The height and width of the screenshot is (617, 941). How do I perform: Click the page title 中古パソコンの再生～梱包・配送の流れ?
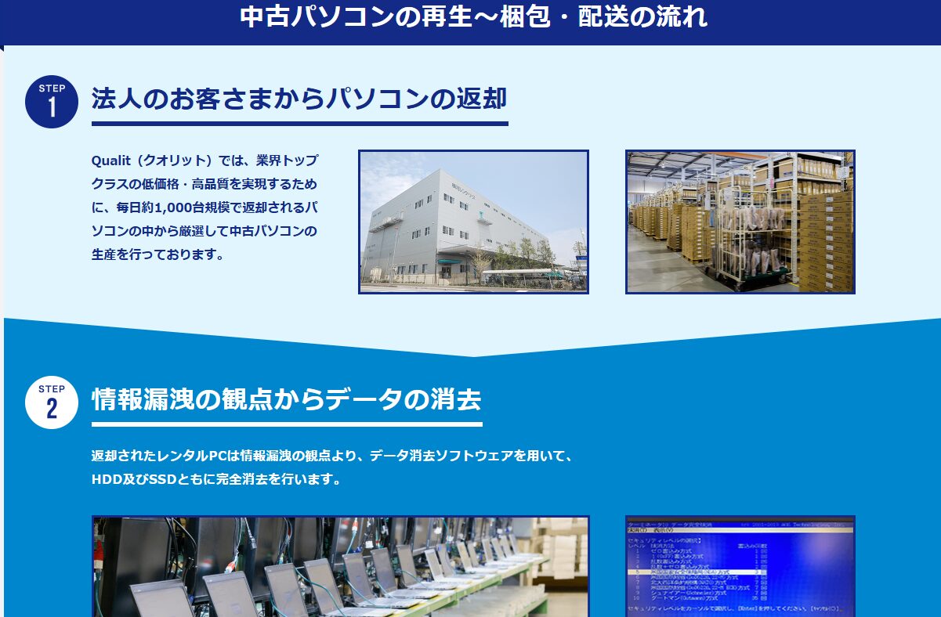tap(473, 17)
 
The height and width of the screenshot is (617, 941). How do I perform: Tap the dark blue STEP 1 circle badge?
tap(52, 101)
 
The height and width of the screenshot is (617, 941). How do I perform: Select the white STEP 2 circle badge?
tap(52, 402)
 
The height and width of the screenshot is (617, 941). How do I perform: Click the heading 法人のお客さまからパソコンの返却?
tap(299, 99)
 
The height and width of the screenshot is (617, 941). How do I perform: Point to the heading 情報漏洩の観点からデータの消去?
tap(286, 400)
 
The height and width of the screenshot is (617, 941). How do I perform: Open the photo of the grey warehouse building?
tap(473, 222)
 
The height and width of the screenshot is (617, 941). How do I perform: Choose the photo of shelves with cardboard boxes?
tap(740, 222)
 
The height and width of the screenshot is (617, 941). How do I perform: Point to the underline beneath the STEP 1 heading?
tap(299, 123)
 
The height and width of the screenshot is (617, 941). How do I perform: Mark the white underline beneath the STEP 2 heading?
tap(286, 424)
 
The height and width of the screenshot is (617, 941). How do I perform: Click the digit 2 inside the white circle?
tap(52, 409)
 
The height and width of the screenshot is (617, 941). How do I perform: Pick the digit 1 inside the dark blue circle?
tap(52, 107)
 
